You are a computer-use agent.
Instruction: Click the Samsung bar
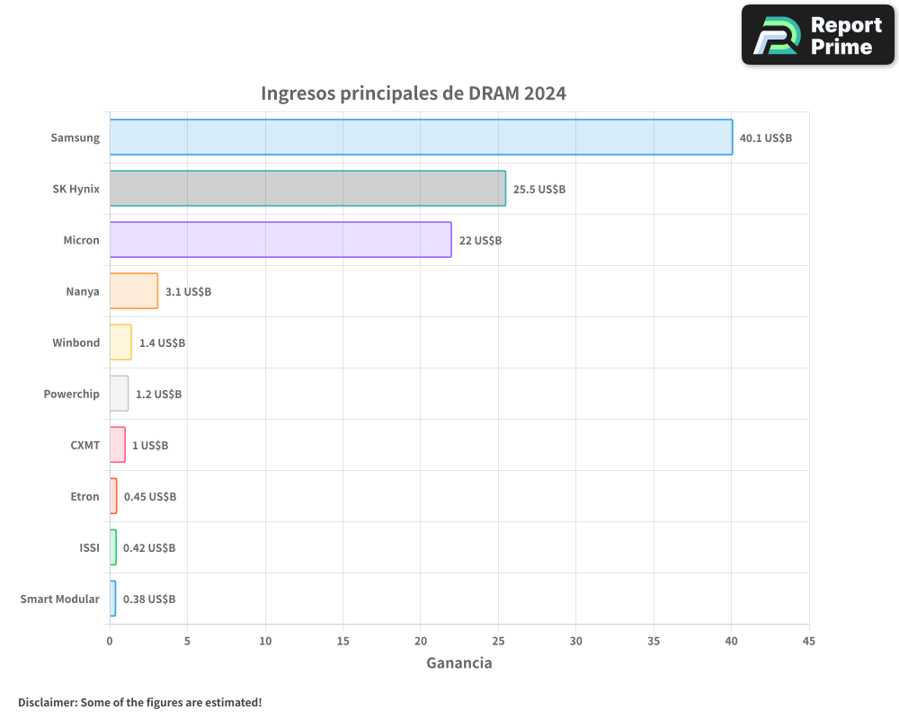pyautogui.click(x=421, y=138)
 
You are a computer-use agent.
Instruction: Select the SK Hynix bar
pyautogui.click(x=307, y=189)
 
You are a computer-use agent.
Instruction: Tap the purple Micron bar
pyautogui.click(x=280, y=240)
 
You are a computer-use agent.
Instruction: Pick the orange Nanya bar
pyautogui.click(x=134, y=291)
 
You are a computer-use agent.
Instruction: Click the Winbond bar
pyautogui.click(x=120, y=342)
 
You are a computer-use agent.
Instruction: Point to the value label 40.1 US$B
pyautogui.click(x=766, y=138)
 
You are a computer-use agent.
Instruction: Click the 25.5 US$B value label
pyautogui.click(x=539, y=190)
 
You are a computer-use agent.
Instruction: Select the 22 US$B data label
pyautogui.click(x=480, y=241)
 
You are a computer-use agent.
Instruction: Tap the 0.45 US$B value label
pyautogui.click(x=150, y=497)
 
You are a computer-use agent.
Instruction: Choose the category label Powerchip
pyautogui.click(x=72, y=394)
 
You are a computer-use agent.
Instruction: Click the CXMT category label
pyautogui.click(x=85, y=445)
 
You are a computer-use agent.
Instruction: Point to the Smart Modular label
pyautogui.click(x=60, y=599)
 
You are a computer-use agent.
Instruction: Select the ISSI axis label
pyautogui.click(x=90, y=547)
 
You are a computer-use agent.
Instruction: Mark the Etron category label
pyautogui.click(x=85, y=496)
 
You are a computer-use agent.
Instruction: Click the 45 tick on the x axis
pyautogui.click(x=809, y=641)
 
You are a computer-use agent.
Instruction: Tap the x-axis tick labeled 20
pyautogui.click(x=421, y=641)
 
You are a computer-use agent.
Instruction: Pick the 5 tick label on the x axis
pyautogui.click(x=187, y=641)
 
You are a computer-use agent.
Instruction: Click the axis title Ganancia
pyautogui.click(x=458, y=663)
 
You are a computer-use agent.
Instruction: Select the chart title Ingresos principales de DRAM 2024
pyautogui.click(x=414, y=93)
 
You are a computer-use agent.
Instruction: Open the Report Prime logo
pyautogui.click(x=818, y=35)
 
